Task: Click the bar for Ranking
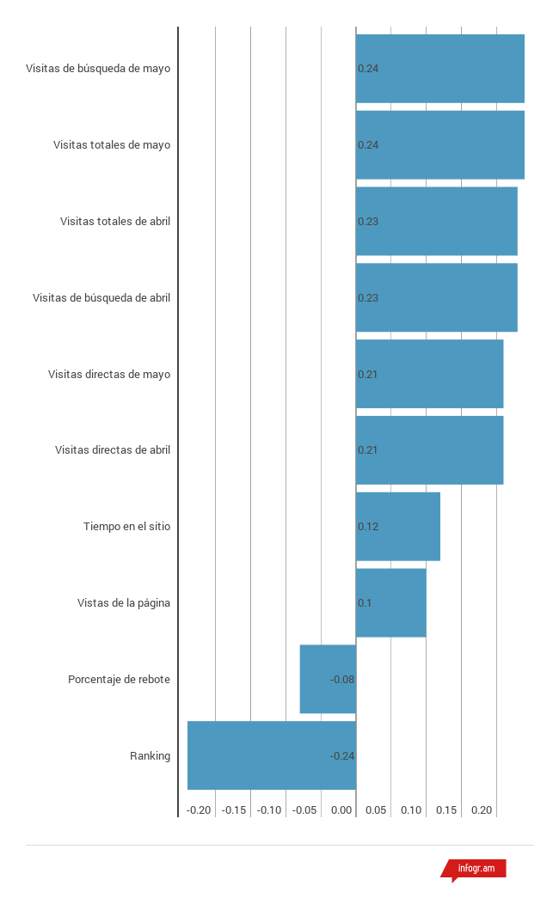pyautogui.click(x=271, y=755)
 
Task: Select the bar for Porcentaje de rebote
pyautogui.click(x=327, y=679)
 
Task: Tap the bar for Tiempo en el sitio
pyautogui.click(x=397, y=526)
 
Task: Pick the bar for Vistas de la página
pyautogui.click(x=390, y=602)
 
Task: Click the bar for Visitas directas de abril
pyautogui.click(x=429, y=450)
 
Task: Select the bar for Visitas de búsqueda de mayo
pyautogui.click(x=439, y=69)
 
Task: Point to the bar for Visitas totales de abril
pyautogui.click(x=436, y=221)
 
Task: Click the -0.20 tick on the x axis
pyautogui.click(x=199, y=810)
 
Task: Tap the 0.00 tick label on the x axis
pyautogui.click(x=341, y=810)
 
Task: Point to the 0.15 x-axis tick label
pyautogui.click(x=446, y=810)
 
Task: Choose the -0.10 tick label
pyautogui.click(x=269, y=810)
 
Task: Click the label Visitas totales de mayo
pyautogui.click(x=112, y=145)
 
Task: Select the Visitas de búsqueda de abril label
pyautogui.click(x=101, y=298)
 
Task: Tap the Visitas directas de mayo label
pyautogui.click(x=109, y=375)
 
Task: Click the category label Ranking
pyautogui.click(x=150, y=756)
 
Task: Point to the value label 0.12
pyautogui.click(x=368, y=527)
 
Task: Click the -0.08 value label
pyautogui.click(x=342, y=680)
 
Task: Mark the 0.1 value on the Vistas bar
pyautogui.click(x=365, y=603)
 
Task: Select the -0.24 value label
pyautogui.click(x=342, y=756)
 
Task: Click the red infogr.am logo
pyautogui.click(x=476, y=869)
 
